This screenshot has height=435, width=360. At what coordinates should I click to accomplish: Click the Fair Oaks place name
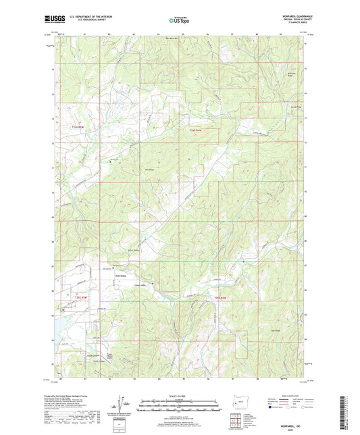pyautogui.click(x=119, y=274)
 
